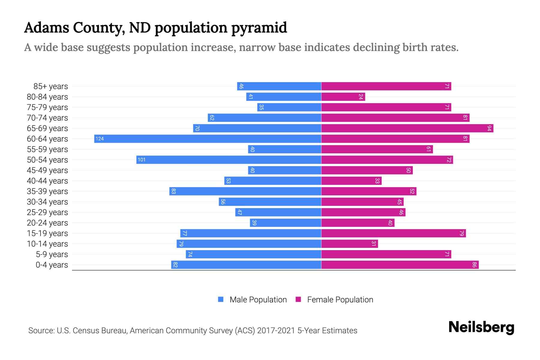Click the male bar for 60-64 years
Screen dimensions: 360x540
click(x=208, y=139)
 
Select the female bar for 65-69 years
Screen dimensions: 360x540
click(x=407, y=128)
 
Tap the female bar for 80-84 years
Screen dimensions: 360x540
click(x=343, y=97)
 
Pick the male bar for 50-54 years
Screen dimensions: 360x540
click(x=229, y=160)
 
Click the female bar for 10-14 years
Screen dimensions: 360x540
click(x=349, y=244)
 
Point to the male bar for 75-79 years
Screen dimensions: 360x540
click(x=289, y=107)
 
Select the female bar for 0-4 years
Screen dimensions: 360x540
click(x=400, y=265)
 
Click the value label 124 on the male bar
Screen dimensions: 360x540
click(x=100, y=139)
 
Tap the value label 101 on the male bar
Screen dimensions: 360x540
click(x=142, y=160)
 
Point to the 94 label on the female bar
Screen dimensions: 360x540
click(x=489, y=128)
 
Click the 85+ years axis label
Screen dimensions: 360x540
click(x=51, y=86)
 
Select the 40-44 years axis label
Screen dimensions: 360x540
click(x=47, y=181)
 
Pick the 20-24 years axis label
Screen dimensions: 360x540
click(x=47, y=223)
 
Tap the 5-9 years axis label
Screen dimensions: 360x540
click(x=52, y=254)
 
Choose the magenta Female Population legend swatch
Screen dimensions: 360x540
click(x=298, y=299)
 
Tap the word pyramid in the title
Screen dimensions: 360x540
click(x=259, y=28)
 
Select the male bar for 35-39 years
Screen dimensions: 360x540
click(x=245, y=191)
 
